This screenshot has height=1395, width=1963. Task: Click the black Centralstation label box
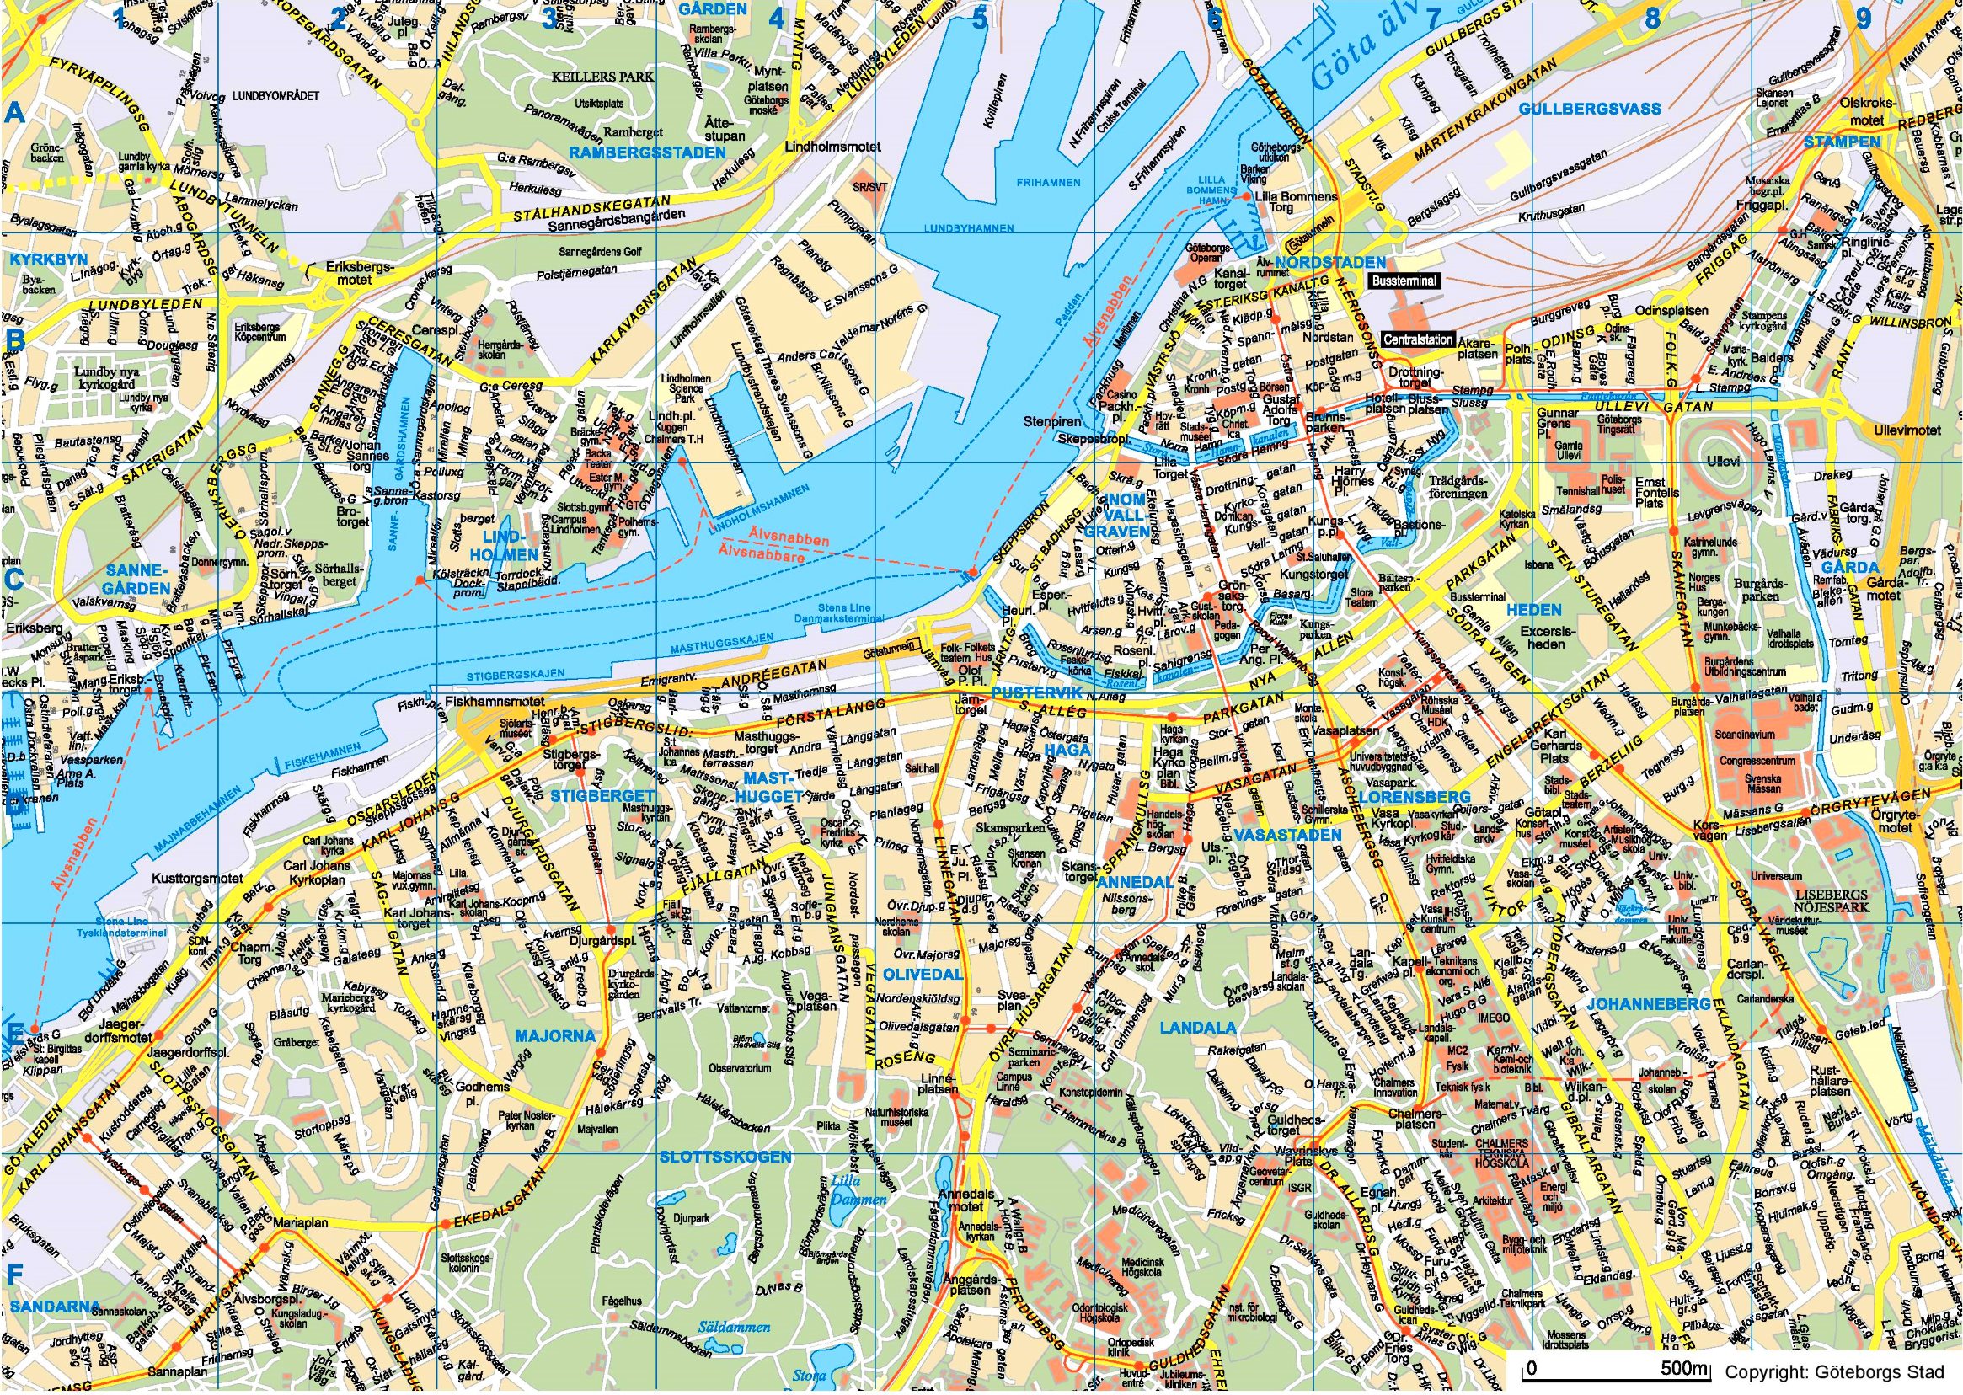1417,339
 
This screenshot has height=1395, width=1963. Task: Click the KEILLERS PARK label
602,77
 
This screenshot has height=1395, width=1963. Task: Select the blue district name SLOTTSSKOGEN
725,1157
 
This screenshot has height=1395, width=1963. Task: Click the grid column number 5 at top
979,19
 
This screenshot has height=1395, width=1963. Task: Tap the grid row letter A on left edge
14,113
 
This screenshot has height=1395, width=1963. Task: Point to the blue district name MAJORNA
555,1036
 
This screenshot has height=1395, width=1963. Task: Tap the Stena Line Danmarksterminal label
850,612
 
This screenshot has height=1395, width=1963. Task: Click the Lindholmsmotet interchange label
832,147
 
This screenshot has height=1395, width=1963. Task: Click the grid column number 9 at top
1863,19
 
